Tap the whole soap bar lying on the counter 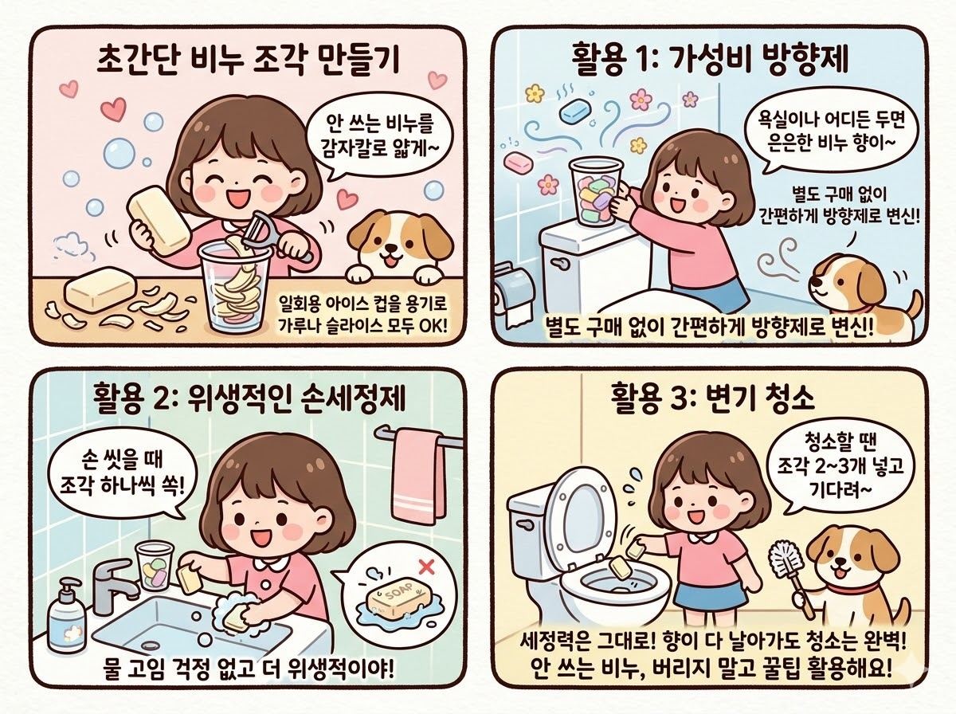pos(100,294)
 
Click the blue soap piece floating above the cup pos(574,112)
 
